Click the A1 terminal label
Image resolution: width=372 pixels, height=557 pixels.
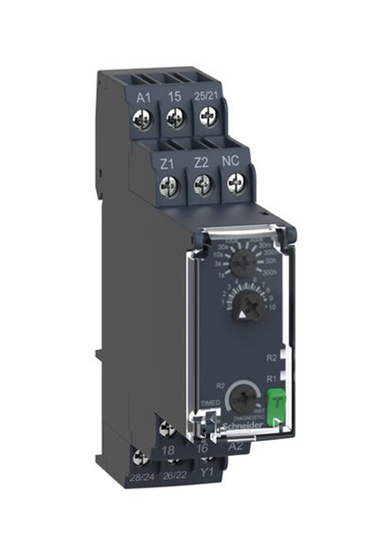144,97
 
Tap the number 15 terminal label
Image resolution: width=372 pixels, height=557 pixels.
174,97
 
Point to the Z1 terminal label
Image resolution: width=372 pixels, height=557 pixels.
168,162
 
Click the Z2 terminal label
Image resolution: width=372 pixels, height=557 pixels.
200,163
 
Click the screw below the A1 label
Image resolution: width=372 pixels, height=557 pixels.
144,119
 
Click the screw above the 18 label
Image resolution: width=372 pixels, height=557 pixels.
167,429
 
